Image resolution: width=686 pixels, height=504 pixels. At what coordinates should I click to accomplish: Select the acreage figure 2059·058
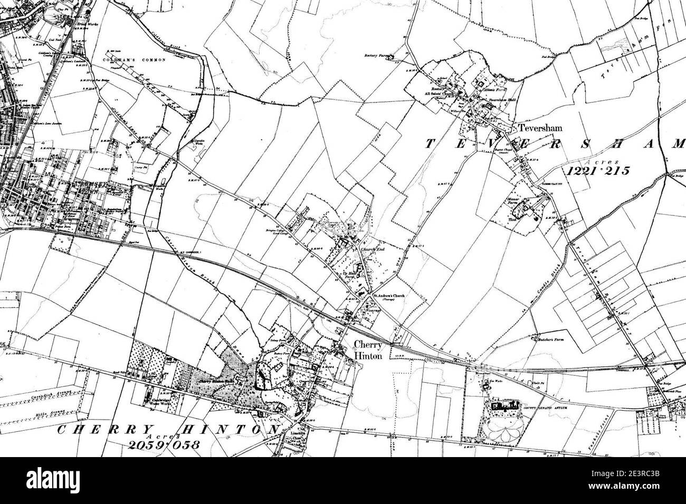165,444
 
